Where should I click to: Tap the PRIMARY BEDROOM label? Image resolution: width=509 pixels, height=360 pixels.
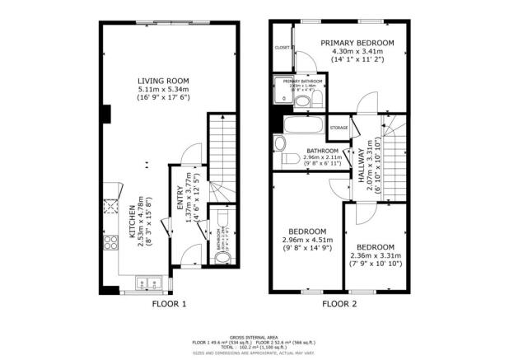[x=357, y=43]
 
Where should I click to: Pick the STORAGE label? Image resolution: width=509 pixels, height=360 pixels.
[x=339, y=129]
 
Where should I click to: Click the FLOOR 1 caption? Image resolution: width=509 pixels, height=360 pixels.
[x=170, y=304]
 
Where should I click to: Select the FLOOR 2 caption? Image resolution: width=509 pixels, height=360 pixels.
[x=339, y=304]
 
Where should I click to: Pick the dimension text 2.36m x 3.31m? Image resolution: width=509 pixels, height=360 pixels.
[x=376, y=255]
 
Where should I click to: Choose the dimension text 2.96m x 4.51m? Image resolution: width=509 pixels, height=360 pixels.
[x=307, y=240]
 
